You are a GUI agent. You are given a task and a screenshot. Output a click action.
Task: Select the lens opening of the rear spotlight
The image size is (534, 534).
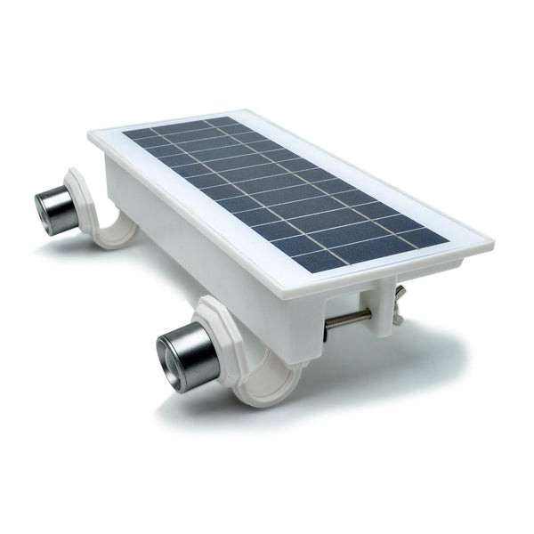(44, 210)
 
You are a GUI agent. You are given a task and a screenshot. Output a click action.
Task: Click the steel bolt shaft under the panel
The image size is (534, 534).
(347, 321)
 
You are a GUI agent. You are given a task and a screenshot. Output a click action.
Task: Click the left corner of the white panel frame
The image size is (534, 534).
(92, 135)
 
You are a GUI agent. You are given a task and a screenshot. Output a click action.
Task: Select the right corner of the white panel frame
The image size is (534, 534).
(489, 239)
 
